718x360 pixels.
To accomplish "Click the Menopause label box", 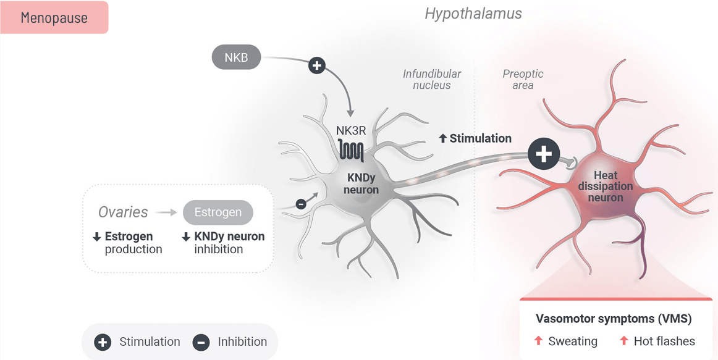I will click(x=54, y=18).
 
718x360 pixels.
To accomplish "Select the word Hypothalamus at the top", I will click(x=473, y=14).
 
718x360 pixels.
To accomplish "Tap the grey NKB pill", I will click(x=236, y=57).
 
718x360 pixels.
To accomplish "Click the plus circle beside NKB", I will click(x=316, y=65).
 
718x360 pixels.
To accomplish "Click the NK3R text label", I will click(x=351, y=130).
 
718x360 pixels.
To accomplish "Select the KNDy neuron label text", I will click(x=361, y=183).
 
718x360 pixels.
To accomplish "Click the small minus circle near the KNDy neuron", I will click(x=301, y=204).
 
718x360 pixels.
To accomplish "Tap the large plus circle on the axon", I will click(x=544, y=154).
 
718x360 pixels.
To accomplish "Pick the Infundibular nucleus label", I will click(x=432, y=80).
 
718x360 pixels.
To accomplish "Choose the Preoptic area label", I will click(x=523, y=80).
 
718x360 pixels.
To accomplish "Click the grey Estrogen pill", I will click(x=218, y=212).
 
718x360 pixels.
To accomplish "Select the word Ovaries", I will click(x=123, y=212).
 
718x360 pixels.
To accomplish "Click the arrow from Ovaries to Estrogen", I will click(x=166, y=212).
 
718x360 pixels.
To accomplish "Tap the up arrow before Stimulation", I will click(x=442, y=139).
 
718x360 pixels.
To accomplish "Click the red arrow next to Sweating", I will click(x=538, y=341).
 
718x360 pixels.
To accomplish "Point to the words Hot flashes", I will click(x=664, y=341).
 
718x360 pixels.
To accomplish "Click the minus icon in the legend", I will click(x=201, y=342).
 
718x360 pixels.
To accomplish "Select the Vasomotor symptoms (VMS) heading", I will click(x=614, y=319).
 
